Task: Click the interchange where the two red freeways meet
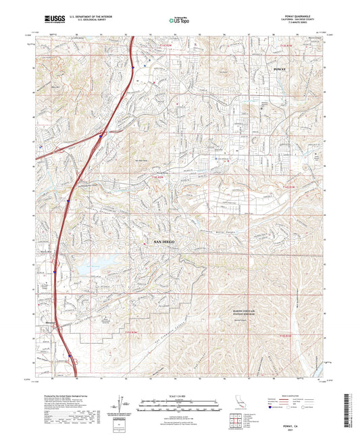101,134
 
